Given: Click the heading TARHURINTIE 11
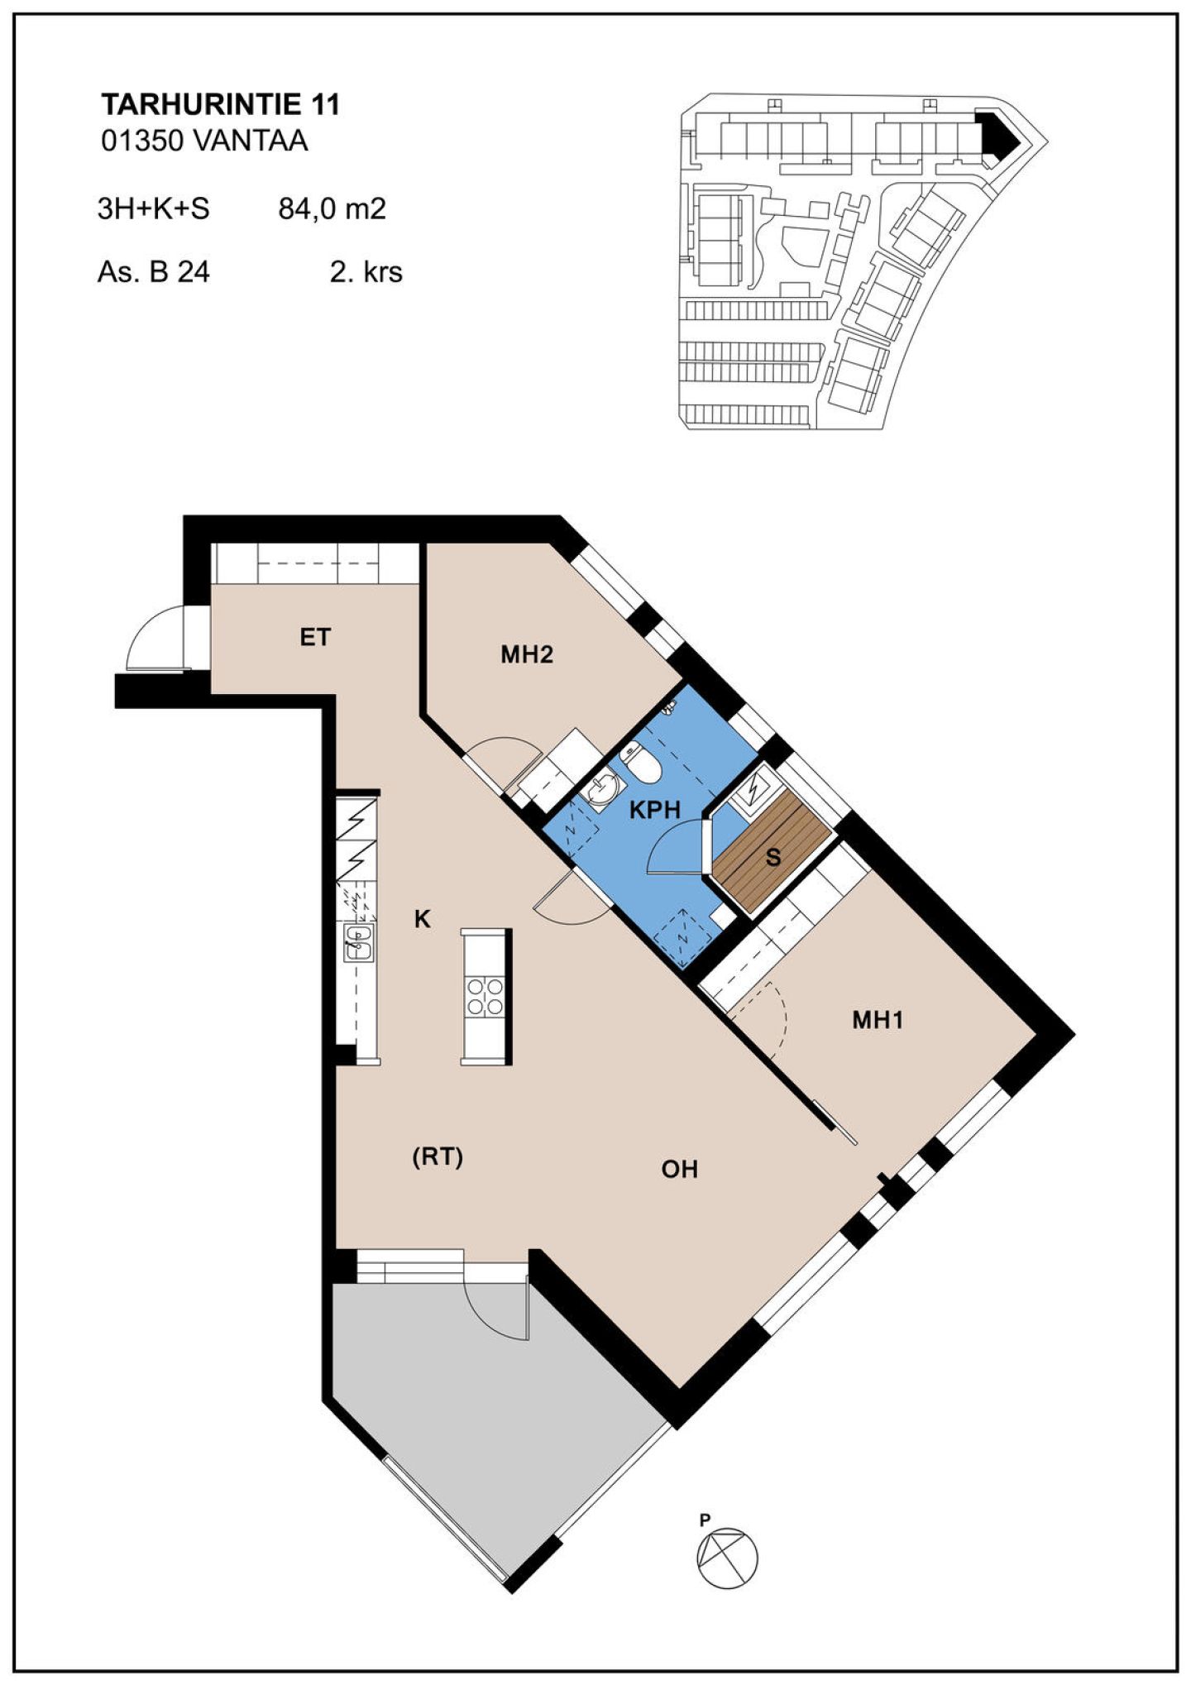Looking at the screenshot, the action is pyautogui.click(x=220, y=105).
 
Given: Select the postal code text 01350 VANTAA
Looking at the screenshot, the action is pyautogui.click(x=204, y=141).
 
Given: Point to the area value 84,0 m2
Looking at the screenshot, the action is pyautogui.click(x=332, y=208).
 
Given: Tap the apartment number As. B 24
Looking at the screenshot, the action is pyautogui.click(x=154, y=271).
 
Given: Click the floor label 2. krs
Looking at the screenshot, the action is pyautogui.click(x=366, y=271).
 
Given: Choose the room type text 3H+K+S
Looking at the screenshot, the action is pyautogui.click(x=154, y=208).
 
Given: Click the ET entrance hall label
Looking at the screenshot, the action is pyautogui.click(x=315, y=637).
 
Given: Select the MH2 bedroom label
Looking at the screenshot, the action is pyautogui.click(x=527, y=654).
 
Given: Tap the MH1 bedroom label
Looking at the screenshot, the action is pyautogui.click(x=878, y=1020).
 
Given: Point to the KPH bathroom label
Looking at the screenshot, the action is pyautogui.click(x=655, y=810).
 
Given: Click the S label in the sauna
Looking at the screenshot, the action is pyautogui.click(x=773, y=857).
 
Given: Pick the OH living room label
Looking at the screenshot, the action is pyautogui.click(x=680, y=1169).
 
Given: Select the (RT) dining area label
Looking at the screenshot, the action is pyautogui.click(x=438, y=1156).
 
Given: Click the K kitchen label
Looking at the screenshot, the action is pyautogui.click(x=423, y=919).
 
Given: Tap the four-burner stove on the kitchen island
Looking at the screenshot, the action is pyautogui.click(x=485, y=996).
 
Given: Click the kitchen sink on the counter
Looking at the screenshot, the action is pyautogui.click(x=359, y=941).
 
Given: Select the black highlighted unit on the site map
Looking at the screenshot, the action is pyautogui.click(x=997, y=133).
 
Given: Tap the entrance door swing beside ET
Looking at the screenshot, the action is pyautogui.click(x=157, y=638).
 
